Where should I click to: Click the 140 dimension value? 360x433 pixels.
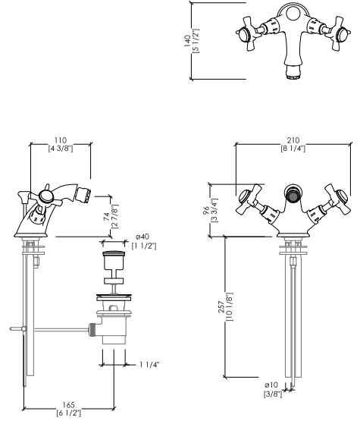point(187,41)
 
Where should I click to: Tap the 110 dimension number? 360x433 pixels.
point(61,140)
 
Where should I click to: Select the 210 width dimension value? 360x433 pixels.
point(293,140)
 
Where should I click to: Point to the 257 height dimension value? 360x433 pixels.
point(221,307)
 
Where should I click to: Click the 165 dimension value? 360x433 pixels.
point(68,405)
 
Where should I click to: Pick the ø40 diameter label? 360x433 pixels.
point(142,237)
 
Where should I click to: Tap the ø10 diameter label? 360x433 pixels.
point(271,385)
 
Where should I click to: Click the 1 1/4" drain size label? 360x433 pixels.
point(149,365)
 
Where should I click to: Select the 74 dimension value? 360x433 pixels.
point(107,217)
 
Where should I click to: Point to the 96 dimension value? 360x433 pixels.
point(206,210)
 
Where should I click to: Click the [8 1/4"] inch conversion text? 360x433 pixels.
point(293,149)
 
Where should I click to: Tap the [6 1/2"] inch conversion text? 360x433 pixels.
point(69,413)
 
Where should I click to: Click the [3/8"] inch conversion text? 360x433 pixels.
point(273,394)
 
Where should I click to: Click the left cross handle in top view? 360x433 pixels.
point(249,33)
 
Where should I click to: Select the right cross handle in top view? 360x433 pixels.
point(338,33)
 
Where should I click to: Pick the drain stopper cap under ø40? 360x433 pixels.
point(114,253)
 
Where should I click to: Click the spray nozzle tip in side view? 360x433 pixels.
point(83,194)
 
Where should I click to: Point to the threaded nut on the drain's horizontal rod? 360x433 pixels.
point(92,329)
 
